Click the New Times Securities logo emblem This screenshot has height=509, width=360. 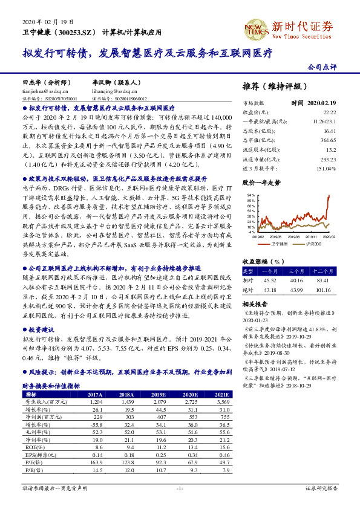(x=257, y=28)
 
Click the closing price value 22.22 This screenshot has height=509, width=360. (x=329, y=112)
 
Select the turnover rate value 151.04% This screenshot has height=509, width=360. (x=326, y=167)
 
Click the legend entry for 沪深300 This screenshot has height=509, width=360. (x=313, y=244)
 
